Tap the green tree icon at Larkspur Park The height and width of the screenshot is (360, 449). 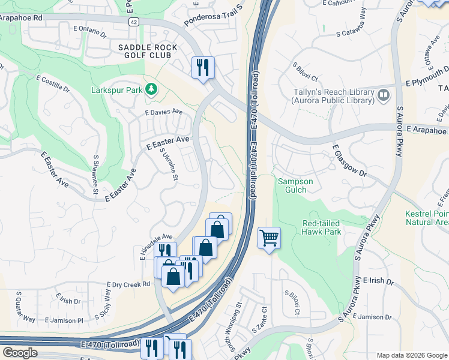151,89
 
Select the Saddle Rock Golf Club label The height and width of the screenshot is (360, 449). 147,52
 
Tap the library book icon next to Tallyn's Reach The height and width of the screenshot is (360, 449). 383,95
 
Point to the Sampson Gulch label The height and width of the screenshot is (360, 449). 292,185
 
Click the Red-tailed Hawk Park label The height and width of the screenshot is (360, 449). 322,227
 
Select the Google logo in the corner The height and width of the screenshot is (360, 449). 20,353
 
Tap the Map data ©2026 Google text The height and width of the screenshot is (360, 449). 411,355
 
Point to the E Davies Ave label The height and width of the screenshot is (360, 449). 163,112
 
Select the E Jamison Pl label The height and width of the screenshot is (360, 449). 63,320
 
